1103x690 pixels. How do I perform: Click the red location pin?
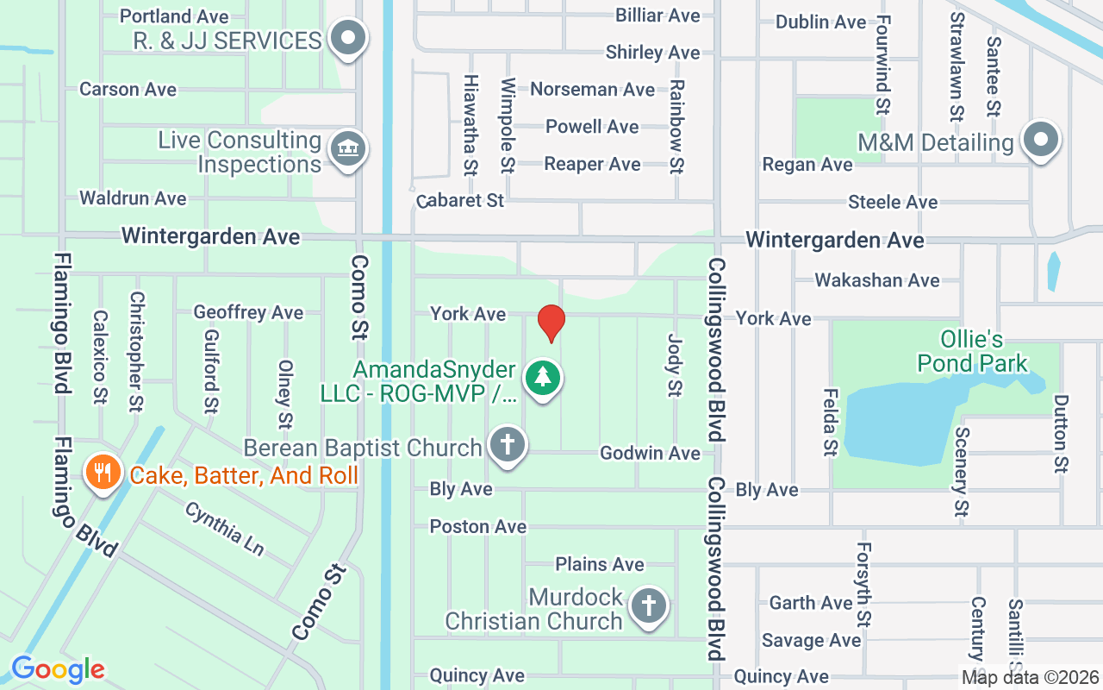[x=551, y=323]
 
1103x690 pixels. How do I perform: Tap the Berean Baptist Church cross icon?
[x=508, y=446]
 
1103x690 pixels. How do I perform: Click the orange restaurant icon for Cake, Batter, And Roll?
[x=103, y=472]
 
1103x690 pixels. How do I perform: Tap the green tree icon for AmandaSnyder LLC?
[x=542, y=378]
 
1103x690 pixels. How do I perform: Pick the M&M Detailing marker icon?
[x=1039, y=139]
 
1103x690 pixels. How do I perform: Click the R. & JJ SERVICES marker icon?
[x=348, y=38]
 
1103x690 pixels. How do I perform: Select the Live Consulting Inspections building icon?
[x=348, y=148]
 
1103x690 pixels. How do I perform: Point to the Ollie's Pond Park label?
[x=972, y=350]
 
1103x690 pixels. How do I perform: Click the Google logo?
[x=59, y=668]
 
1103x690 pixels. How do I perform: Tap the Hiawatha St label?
[x=470, y=124]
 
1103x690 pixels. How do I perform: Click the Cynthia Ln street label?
[x=223, y=528]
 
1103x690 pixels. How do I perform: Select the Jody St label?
[x=675, y=366]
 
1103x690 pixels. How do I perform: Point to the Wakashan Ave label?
[x=876, y=280]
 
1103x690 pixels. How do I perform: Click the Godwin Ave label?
[x=650, y=453]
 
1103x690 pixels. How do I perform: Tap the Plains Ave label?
[x=599, y=564]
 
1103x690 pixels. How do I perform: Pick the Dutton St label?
[x=1061, y=434]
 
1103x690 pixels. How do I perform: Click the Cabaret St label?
[x=459, y=201]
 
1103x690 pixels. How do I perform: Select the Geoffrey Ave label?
[x=248, y=312]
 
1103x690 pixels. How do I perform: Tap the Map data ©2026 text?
[x=1031, y=677]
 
